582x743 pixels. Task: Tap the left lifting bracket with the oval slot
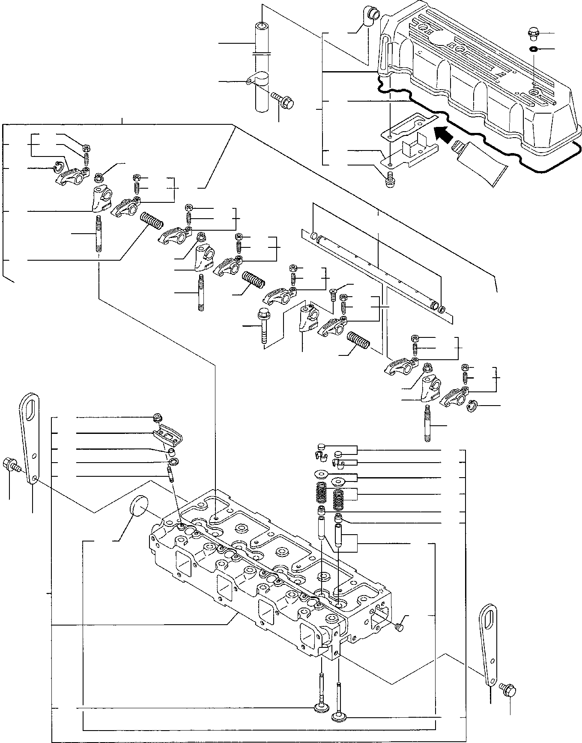coord(29,437)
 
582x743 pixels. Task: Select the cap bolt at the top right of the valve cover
coord(533,32)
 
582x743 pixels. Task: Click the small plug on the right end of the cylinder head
coord(399,628)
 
